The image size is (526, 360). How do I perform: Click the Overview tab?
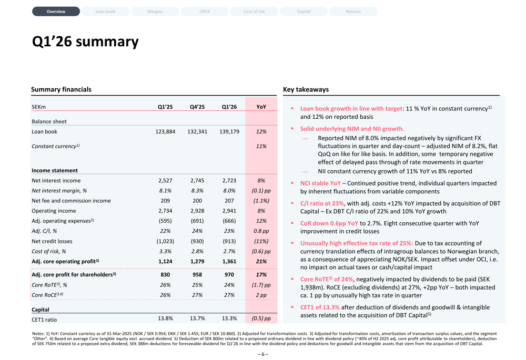coord(56,12)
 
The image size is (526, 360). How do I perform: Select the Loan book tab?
coord(105,12)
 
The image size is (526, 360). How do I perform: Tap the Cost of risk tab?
coord(254,12)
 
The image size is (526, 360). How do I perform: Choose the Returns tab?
coord(353,12)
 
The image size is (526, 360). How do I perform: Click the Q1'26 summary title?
coord(85,42)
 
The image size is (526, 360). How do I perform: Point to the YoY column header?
coord(261,107)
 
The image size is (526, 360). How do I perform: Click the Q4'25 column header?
coord(197,107)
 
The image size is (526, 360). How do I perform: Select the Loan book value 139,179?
coord(229,131)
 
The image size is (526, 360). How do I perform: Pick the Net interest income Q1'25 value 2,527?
coord(165,180)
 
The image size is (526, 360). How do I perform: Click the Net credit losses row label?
coord(52,241)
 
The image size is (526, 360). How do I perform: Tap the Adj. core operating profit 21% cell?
coord(261,261)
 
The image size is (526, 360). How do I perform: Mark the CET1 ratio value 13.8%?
coord(165,318)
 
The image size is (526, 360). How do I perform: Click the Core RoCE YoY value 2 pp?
coord(261,295)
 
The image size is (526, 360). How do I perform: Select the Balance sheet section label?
coord(49,121)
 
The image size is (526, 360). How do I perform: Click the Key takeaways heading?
coord(306,89)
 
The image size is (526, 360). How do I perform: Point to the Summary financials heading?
coord(61,89)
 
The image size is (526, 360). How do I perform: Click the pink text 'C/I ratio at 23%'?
coord(322,203)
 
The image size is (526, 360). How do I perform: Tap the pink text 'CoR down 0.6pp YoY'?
coord(329,223)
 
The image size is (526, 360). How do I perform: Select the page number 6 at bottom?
coord(263,354)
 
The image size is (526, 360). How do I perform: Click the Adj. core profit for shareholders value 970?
coord(229,274)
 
